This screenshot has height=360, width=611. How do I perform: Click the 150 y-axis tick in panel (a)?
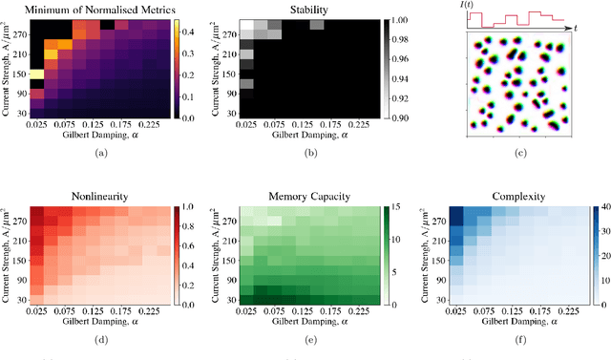click(x=21, y=73)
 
